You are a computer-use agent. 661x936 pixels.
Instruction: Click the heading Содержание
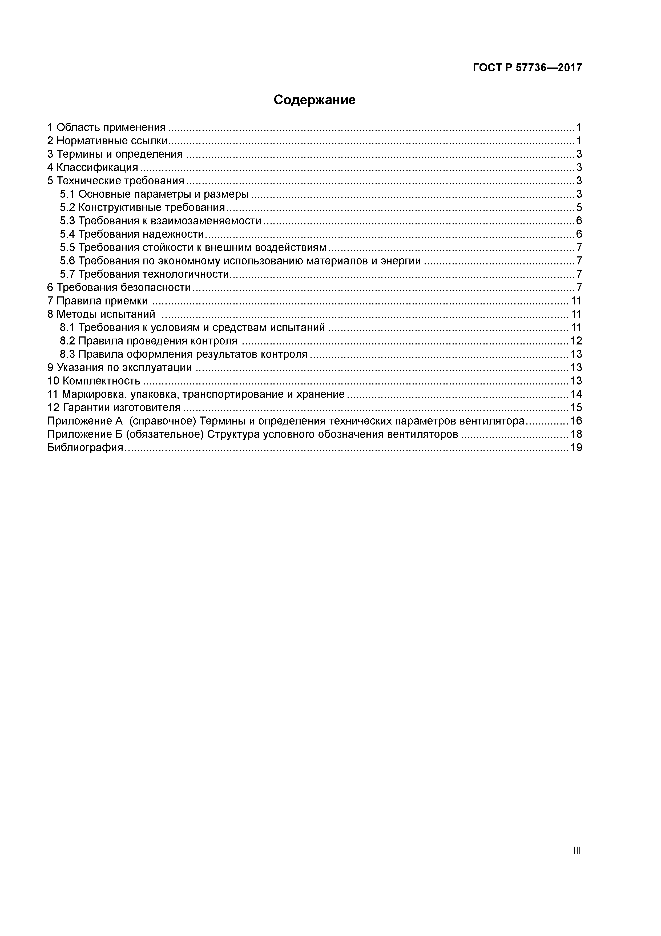315,100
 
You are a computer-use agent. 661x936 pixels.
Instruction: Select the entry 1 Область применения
107,128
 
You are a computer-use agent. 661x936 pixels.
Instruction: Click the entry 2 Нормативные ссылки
107,141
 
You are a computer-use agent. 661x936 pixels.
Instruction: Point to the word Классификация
97,168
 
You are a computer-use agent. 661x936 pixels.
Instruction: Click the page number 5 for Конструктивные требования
579,208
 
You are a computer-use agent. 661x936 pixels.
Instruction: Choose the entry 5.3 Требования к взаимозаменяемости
160,221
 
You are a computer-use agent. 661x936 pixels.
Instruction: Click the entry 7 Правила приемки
98,301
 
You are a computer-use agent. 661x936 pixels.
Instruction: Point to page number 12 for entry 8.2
576,341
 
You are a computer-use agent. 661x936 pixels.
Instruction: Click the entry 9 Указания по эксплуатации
119,368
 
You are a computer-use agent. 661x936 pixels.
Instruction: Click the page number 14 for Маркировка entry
576,394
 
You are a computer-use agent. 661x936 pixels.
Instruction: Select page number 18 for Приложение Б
576,434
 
